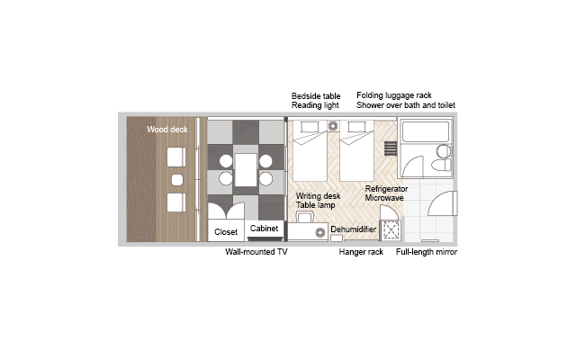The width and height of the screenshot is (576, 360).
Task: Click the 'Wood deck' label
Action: click(167, 130)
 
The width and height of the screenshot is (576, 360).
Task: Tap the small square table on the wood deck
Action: click(177, 180)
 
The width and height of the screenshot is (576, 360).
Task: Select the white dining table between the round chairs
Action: click(246, 170)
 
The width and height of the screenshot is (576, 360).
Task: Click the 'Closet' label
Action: click(226, 232)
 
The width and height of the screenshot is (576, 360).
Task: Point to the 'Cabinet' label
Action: click(264, 228)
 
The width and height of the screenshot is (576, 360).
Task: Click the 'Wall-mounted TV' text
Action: click(256, 252)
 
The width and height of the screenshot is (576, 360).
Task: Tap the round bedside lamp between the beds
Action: click(333, 126)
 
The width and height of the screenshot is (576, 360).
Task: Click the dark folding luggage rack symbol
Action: click(391, 148)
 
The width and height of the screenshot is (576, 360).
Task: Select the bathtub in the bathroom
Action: click(426, 131)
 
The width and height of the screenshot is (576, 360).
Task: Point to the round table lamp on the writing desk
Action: click(320, 232)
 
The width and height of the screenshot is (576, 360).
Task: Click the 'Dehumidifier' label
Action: click(354, 229)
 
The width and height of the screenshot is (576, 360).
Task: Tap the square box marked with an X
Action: click(391, 230)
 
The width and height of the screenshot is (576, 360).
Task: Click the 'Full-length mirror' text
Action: click(427, 252)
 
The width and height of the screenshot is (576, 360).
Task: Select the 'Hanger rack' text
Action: click(361, 252)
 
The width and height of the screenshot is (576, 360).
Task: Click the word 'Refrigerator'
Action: click(386, 189)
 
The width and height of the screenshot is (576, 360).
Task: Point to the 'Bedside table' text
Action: click(316, 96)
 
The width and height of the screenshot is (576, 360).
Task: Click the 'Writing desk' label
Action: click(318, 196)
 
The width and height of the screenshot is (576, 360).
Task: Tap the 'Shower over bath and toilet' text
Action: click(406, 105)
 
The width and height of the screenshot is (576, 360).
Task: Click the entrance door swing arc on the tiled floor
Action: click(437, 198)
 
